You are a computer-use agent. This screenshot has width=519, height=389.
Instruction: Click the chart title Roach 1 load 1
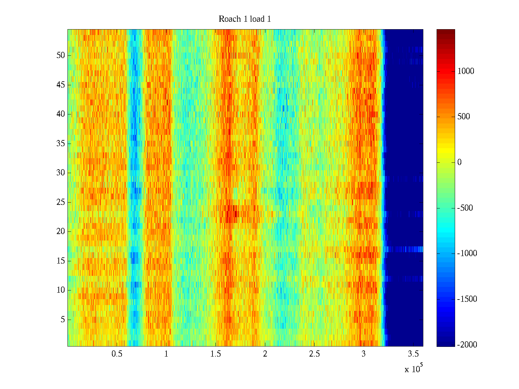pos(245,19)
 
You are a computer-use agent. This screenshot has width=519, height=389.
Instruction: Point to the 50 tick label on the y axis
pos(61,55)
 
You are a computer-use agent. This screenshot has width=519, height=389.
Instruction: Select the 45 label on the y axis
pos(61,85)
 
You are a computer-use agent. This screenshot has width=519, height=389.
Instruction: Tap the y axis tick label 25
pos(61,202)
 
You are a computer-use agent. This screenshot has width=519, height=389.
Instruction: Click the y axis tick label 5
pos(63,320)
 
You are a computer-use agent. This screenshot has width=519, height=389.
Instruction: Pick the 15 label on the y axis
pos(61,261)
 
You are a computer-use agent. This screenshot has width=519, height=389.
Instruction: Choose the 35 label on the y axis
pos(61,144)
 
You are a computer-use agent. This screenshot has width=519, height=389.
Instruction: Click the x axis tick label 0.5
pos(117,354)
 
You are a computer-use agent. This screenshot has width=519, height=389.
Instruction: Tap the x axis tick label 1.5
pos(215,354)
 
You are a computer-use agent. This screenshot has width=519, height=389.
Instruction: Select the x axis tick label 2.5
pos(314,354)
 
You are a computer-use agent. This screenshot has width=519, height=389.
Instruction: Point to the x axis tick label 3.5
pos(413,354)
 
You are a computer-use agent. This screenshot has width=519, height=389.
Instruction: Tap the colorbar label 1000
pos(466,71)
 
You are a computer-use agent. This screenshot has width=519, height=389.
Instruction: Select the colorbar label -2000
pos(467,345)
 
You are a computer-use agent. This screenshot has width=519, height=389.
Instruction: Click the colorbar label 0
pos(459,162)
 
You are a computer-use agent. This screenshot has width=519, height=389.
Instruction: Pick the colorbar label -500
pos(465,208)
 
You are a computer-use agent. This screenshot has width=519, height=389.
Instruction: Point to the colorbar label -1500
pos(467,299)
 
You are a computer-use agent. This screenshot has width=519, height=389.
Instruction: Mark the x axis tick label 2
pos(265,354)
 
